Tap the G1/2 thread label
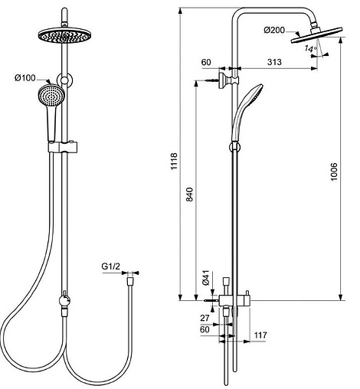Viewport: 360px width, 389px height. pyautogui.click(x=113, y=267)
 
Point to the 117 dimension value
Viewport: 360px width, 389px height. pyautogui.click(x=261, y=334)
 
